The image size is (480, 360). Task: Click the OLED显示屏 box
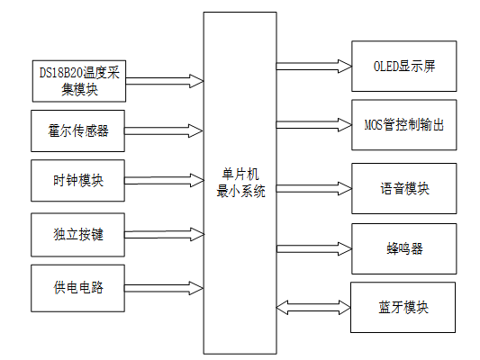point(404,67)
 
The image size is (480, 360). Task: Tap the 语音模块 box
point(404,189)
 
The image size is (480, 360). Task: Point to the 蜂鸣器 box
point(404,247)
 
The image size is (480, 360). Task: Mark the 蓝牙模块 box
point(404,307)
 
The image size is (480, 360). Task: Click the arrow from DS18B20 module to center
point(165,80)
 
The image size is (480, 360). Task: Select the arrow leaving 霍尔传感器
point(165,130)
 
